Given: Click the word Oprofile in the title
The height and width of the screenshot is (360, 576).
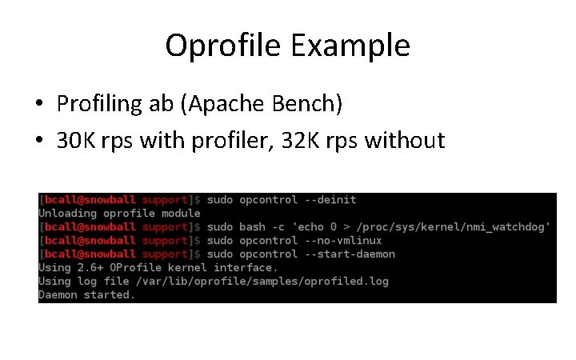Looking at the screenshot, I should pos(216,46).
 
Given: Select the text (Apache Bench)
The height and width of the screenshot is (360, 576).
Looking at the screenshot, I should pos(260,103).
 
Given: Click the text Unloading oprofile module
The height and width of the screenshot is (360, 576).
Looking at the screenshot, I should pos(119,213).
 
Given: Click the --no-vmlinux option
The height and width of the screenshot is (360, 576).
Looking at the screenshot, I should pos(345,240).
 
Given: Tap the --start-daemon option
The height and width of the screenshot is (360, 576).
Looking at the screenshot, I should pos(351,254).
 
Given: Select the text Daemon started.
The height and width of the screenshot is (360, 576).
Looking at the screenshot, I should pos(86,294).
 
